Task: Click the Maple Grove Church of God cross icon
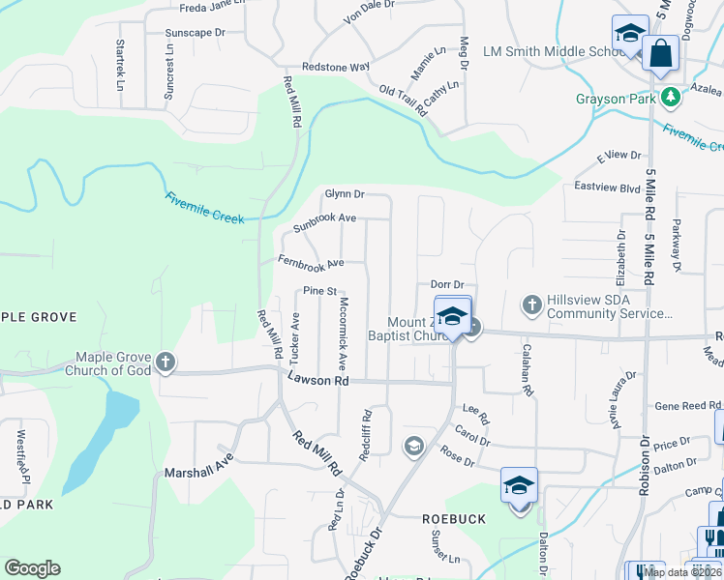(x=166, y=362)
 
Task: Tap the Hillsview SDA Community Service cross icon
(x=531, y=305)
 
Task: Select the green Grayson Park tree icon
(x=669, y=98)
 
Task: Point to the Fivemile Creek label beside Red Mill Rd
(x=204, y=208)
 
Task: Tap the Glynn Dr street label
(x=344, y=194)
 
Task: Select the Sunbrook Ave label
(x=325, y=223)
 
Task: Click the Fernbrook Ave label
(x=311, y=262)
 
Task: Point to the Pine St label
(x=318, y=290)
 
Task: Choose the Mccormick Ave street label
(x=343, y=334)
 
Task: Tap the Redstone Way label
(x=336, y=67)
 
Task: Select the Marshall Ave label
(x=199, y=472)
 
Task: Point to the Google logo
(x=32, y=568)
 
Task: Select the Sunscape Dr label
(x=195, y=32)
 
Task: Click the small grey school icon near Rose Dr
(x=413, y=445)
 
